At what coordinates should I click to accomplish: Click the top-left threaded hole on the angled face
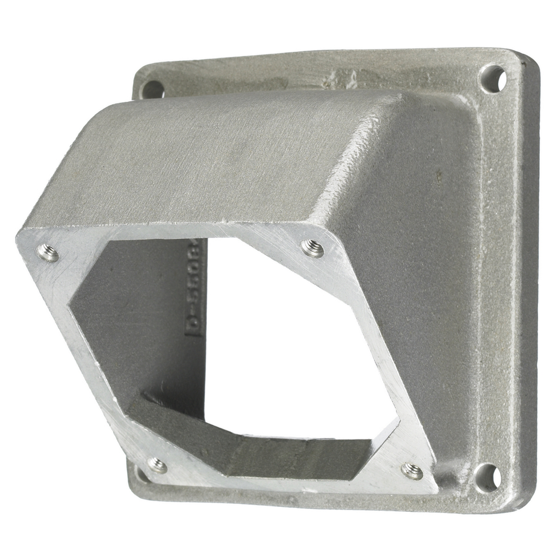pos(48,253)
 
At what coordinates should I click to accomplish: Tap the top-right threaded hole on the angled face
pos(312,248)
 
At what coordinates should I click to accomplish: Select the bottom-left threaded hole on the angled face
pos(157,465)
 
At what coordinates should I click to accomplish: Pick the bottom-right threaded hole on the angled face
pos(412,471)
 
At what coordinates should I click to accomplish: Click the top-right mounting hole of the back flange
pos(493,79)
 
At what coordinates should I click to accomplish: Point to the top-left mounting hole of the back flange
pos(153,89)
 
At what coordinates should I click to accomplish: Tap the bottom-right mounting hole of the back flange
pos(487,477)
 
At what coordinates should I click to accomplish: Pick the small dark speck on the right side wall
pos(438,177)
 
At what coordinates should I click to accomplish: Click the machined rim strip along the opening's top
pos(184,231)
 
